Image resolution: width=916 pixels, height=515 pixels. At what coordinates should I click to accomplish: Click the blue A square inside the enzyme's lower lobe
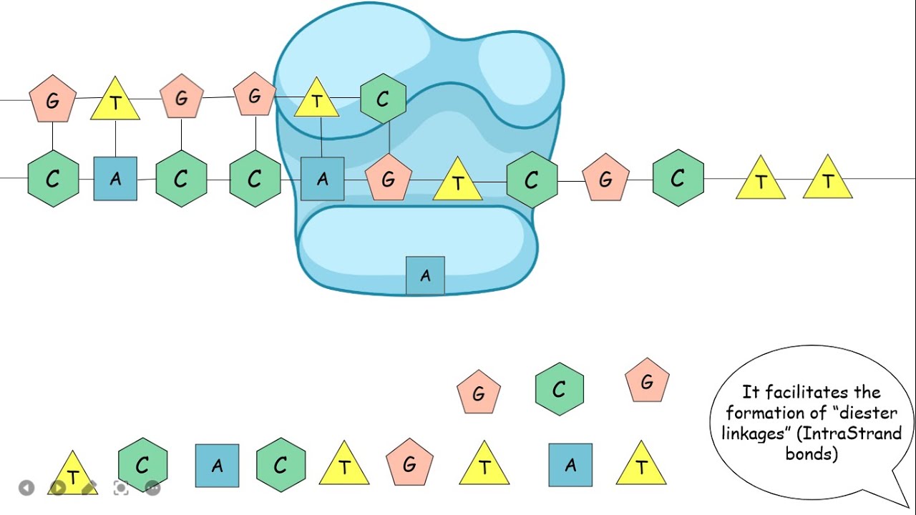pyautogui.click(x=425, y=275)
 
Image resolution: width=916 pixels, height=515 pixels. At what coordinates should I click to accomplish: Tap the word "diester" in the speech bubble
pyautogui.click(x=867, y=413)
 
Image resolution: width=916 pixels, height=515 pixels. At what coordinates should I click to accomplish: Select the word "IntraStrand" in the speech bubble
pyautogui.click(x=858, y=433)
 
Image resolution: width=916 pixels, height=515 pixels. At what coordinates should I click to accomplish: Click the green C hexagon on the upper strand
pyautogui.click(x=383, y=100)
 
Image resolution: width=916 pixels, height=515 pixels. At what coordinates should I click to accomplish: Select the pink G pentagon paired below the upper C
pyautogui.click(x=389, y=179)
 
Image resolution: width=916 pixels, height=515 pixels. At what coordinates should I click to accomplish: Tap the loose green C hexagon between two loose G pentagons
pyautogui.click(x=559, y=389)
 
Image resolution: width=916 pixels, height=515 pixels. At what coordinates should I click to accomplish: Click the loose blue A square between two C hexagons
pyautogui.click(x=217, y=466)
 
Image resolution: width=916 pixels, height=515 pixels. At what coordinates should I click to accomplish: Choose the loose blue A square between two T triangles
pyautogui.click(x=570, y=466)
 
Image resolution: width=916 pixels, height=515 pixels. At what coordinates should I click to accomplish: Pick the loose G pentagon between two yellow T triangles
pyautogui.click(x=409, y=466)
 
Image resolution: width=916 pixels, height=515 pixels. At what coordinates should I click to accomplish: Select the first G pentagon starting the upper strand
pyautogui.click(x=52, y=100)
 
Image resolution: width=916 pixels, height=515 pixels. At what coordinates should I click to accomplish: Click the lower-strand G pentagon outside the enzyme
pyautogui.click(x=605, y=179)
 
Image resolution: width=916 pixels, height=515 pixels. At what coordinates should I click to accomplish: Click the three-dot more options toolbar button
pyautogui.click(x=152, y=488)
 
